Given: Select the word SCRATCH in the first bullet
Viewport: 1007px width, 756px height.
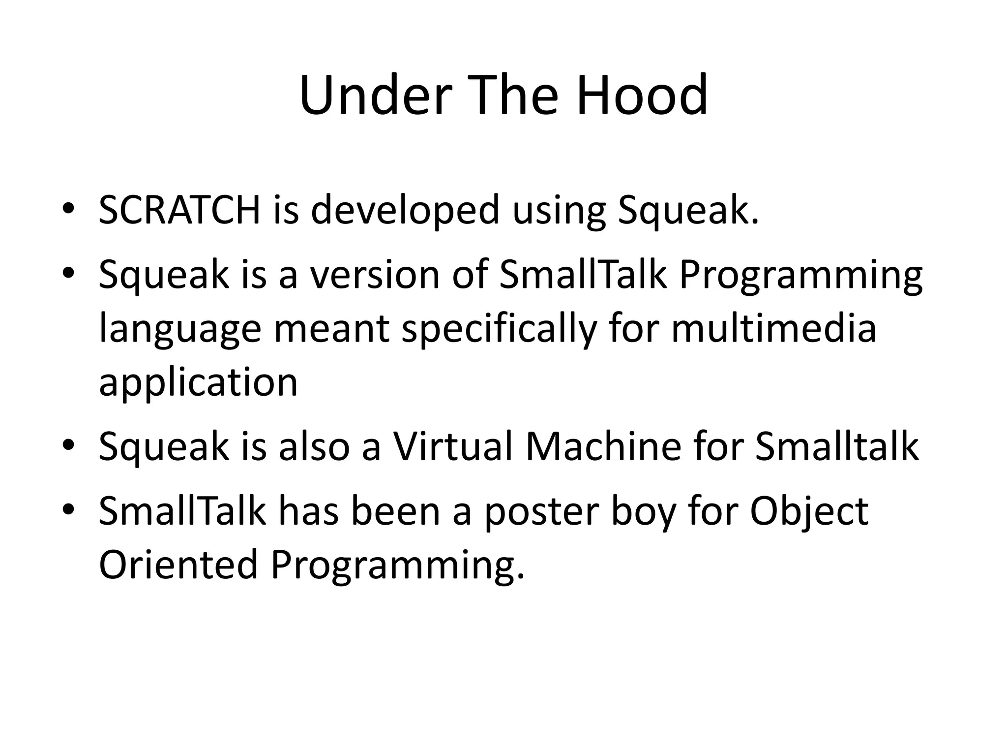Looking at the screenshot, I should tap(179, 211).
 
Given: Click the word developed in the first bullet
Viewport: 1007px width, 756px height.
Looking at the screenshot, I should tap(405, 211).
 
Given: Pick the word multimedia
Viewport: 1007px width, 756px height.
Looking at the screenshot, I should tap(774, 329).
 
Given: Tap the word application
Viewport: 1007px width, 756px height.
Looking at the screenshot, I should tap(198, 383).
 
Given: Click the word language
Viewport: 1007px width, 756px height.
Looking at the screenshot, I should tap(179, 329).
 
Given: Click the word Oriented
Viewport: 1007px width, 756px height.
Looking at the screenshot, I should tap(178, 565).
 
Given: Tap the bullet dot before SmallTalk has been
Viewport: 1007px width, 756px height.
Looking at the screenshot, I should tap(68, 508).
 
